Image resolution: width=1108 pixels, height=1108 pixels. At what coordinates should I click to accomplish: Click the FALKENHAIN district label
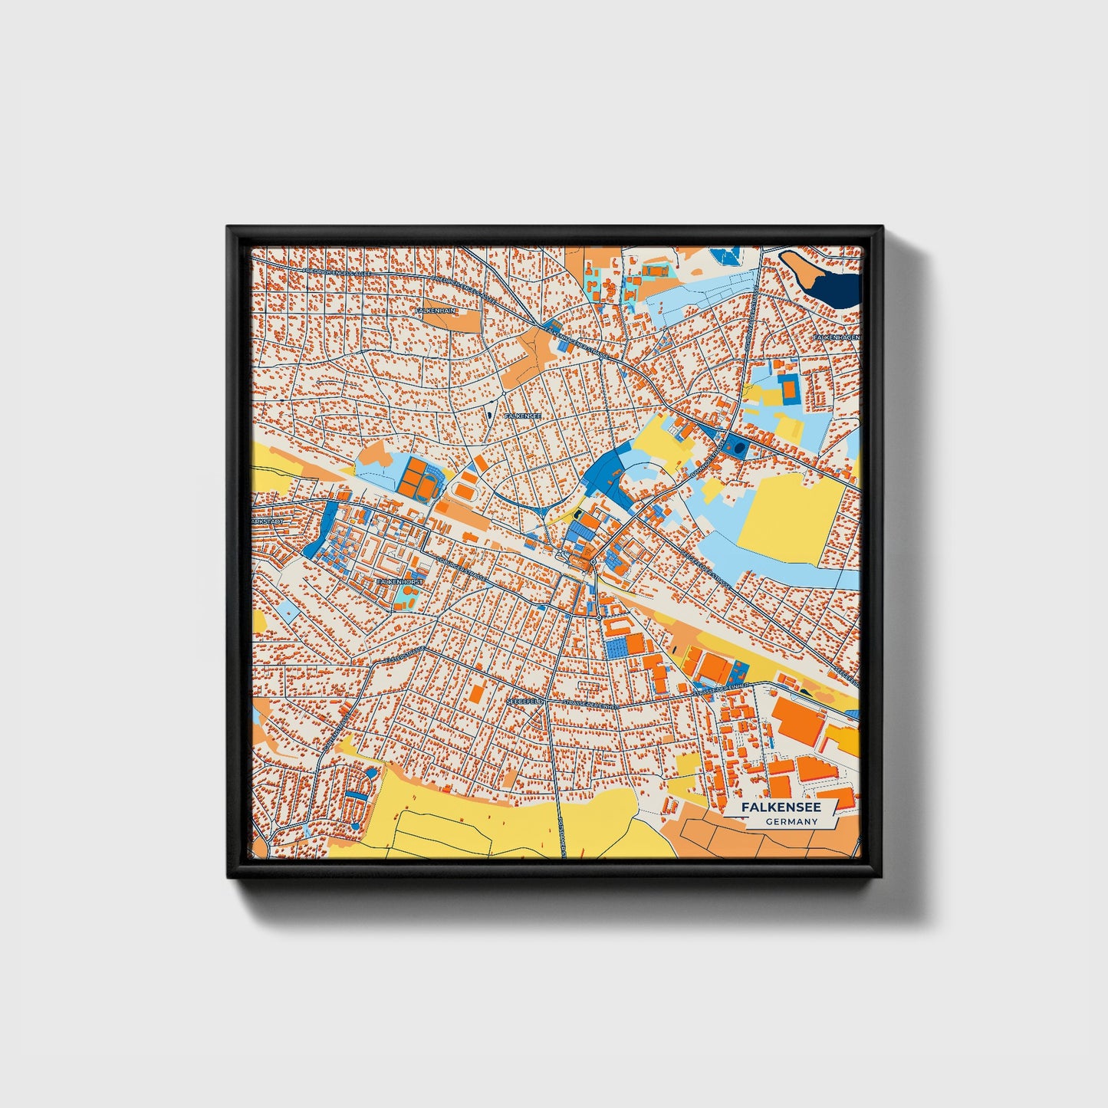click(435, 311)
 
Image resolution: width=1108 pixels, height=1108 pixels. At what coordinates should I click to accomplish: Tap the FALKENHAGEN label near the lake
click(836, 337)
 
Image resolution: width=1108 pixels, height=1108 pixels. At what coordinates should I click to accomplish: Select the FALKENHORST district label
click(399, 582)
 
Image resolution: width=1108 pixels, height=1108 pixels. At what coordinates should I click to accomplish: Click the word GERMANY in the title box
click(791, 821)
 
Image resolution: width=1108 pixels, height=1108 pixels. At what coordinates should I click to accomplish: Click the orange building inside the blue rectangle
click(787, 390)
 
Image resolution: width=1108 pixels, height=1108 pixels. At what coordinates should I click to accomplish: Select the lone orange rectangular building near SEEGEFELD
click(476, 694)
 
